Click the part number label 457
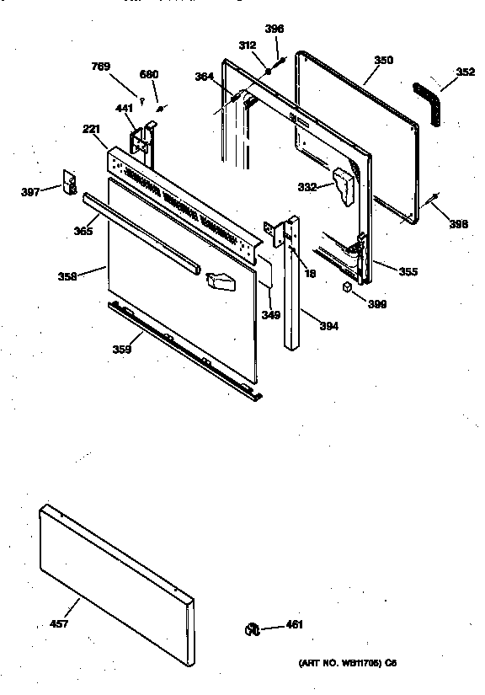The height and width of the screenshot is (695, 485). (x=59, y=624)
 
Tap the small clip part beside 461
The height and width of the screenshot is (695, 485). (x=250, y=628)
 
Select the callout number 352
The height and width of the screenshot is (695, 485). (x=465, y=72)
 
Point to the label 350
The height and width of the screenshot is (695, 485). (x=383, y=61)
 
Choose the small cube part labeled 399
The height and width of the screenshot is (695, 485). (x=346, y=288)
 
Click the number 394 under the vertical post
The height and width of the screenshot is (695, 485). (x=329, y=325)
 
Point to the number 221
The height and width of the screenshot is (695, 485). (x=91, y=130)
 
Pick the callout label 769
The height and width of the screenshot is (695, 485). (x=101, y=67)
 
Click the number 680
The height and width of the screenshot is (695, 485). (x=148, y=75)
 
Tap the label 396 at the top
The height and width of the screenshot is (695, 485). (x=274, y=29)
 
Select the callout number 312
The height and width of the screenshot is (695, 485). (x=247, y=45)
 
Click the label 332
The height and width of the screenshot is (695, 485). (x=306, y=186)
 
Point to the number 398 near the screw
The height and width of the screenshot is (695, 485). (x=460, y=224)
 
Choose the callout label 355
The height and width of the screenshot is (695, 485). (x=408, y=272)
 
